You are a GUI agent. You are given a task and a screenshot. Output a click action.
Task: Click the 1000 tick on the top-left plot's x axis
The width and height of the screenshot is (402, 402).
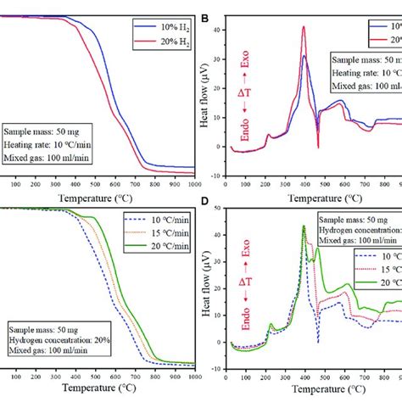point(194,183)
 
